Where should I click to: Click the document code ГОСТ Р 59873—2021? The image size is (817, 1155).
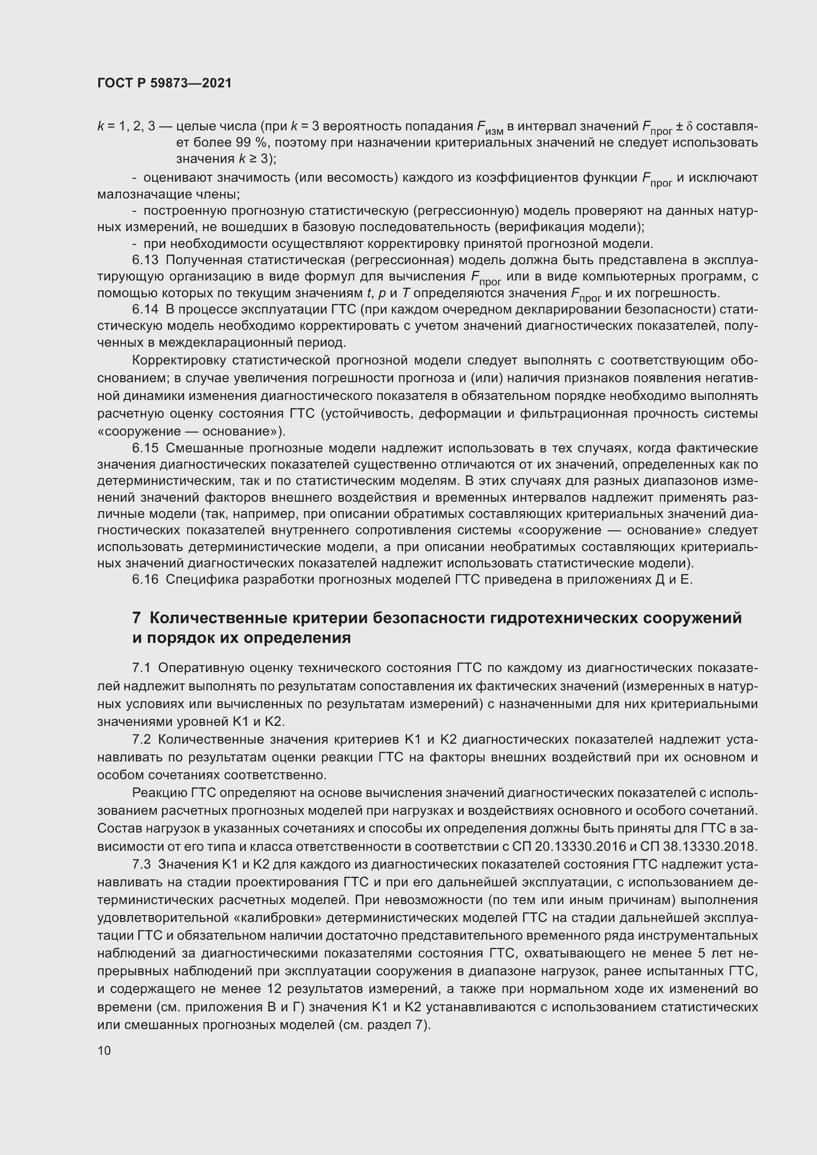coord(164,83)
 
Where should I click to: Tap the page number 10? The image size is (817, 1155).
coord(104,1050)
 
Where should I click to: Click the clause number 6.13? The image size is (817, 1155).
coord(145,260)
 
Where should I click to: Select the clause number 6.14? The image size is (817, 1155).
coord(145,310)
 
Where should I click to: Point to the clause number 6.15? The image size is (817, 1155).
coord(145,448)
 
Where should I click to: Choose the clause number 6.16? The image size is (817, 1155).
coord(145,580)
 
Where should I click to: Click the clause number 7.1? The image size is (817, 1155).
coord(141,668)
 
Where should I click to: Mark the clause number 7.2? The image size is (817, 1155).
coord(141,740)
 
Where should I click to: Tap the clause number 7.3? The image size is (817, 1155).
coord(141,864)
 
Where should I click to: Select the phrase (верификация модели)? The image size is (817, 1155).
coord(569,227)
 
